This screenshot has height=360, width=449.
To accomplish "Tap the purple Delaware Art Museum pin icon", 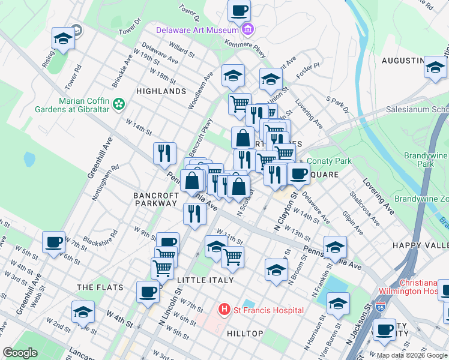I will point(248,29).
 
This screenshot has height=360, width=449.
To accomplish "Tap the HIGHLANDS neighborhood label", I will point(161,91).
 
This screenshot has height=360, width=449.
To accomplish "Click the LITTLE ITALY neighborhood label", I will point(205,280).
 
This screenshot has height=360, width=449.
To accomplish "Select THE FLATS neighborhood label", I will point(100,288).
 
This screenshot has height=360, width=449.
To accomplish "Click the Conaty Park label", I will point(329,161).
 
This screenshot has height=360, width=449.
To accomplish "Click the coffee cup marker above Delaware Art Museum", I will point(239,11).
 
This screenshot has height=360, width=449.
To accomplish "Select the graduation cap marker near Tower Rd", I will point(62,40).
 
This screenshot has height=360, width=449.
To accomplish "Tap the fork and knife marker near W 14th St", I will point(164,152).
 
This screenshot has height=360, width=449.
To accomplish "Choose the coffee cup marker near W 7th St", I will point(53,243).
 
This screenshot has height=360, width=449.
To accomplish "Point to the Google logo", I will point(20,353).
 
